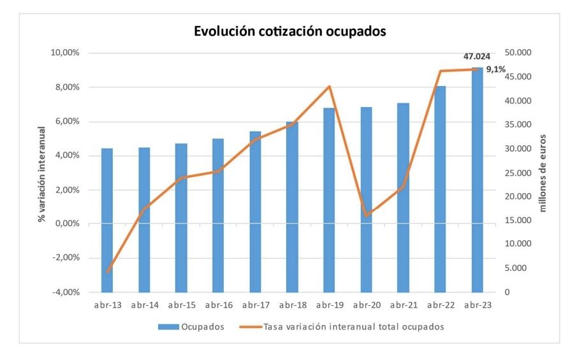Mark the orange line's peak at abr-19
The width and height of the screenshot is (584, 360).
(x=329, y=86)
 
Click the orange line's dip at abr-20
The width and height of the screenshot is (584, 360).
(x=367, y=215)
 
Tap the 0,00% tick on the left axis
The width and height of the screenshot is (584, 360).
(x=66, y=224)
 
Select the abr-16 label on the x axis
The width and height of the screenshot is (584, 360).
(x=218, y=305)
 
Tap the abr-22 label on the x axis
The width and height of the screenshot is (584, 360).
(x=440, y=305)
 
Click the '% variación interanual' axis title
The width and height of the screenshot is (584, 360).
(x=42, y=173)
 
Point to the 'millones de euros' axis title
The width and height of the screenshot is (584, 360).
(x=543, y=173)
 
